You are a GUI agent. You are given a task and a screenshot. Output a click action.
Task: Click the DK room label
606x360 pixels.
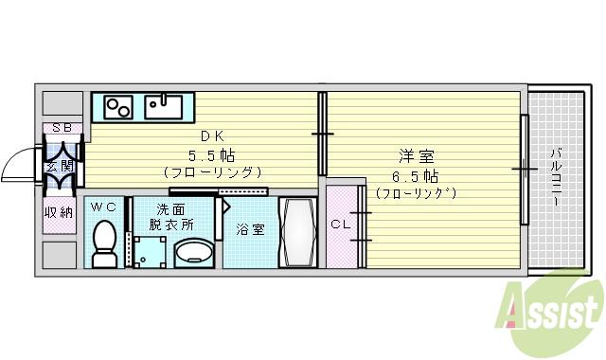point(207,136)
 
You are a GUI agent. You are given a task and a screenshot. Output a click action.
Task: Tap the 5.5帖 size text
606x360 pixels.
point(211,154)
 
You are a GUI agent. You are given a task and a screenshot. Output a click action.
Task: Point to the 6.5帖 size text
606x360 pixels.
point(416,176)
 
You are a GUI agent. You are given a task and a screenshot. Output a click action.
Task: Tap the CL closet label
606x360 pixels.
point(342,225)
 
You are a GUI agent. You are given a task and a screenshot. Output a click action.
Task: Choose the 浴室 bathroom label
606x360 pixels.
point(249,228)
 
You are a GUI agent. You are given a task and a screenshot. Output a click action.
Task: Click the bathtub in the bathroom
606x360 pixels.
point(300,233)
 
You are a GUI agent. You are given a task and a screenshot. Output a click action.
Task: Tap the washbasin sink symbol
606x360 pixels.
point(195,252)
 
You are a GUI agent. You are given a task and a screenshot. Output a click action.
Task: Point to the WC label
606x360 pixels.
point(104,207)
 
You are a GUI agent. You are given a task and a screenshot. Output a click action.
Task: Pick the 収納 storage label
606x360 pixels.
point(58,212)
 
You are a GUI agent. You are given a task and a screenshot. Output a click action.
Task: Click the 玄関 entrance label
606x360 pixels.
point(60,167)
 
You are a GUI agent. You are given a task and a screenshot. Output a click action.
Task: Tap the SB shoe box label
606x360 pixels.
point(61,127)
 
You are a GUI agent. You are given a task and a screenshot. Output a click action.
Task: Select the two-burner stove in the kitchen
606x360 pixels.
point(117,105)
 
